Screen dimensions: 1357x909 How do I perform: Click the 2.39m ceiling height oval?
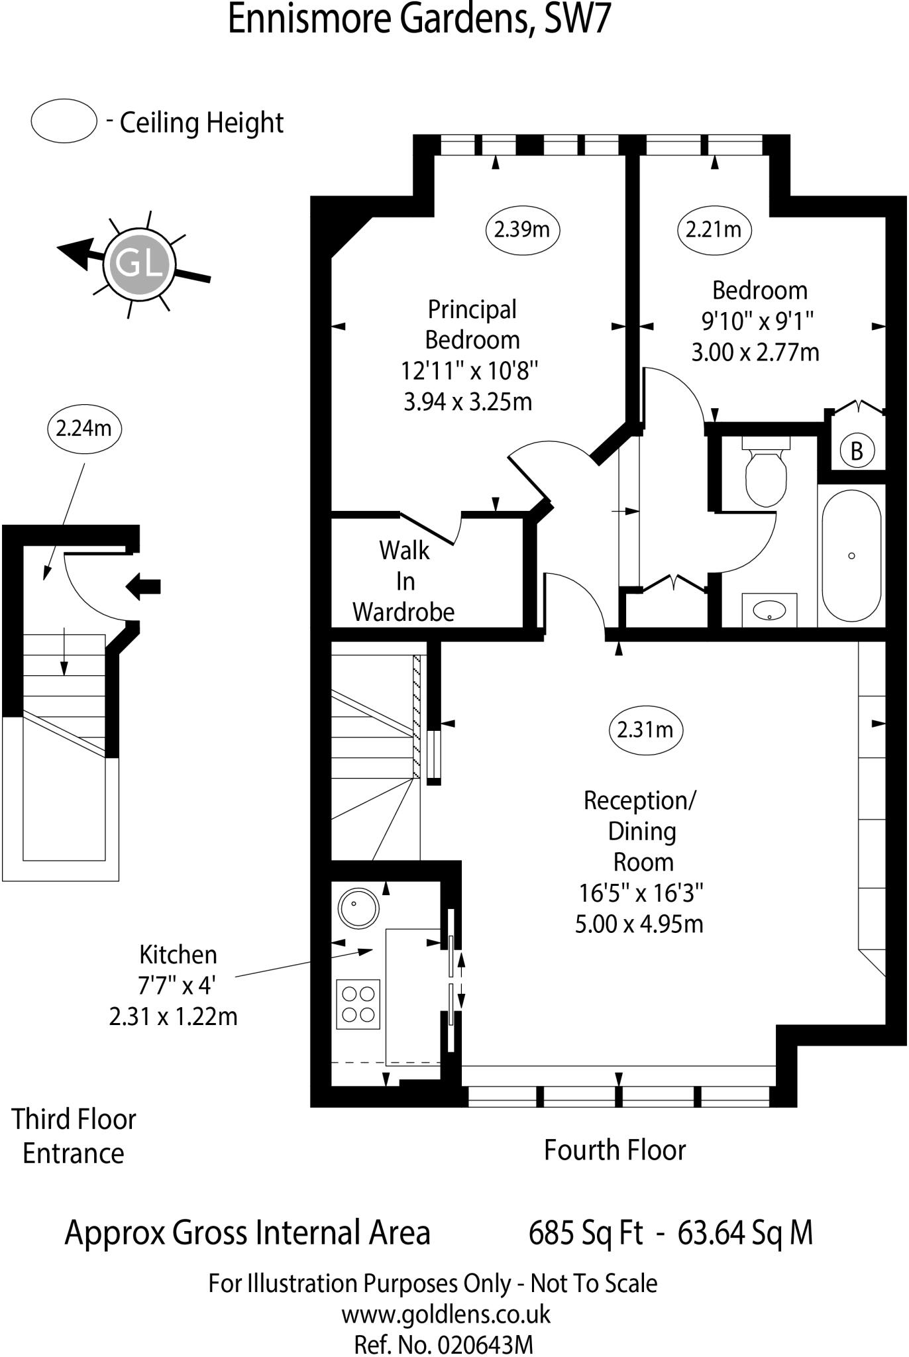coord(522,230)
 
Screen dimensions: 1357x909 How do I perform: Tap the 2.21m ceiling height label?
coord(714,230)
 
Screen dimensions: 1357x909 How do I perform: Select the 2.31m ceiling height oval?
coord(645,730)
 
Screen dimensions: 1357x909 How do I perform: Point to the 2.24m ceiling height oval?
coord(84,429)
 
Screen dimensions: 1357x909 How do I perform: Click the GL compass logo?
coord(140,264)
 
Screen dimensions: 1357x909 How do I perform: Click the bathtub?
coord(851,555)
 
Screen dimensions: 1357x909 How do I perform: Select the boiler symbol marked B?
coord(857,451)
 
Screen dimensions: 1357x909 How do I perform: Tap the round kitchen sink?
coord(358,906)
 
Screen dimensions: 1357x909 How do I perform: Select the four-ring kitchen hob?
coord(358,1004)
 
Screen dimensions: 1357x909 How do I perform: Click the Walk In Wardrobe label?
coord(404,581)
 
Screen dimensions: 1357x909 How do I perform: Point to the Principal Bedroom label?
coord(471,325)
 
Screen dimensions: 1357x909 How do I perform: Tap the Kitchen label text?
coord(178,955)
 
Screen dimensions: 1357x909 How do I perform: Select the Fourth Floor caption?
coord(614,1150)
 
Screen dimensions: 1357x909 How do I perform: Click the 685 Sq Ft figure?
coord(586,1233)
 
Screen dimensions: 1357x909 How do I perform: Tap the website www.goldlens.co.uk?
coord(446,1315)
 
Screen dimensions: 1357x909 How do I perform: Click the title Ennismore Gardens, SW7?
coord(419,20)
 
